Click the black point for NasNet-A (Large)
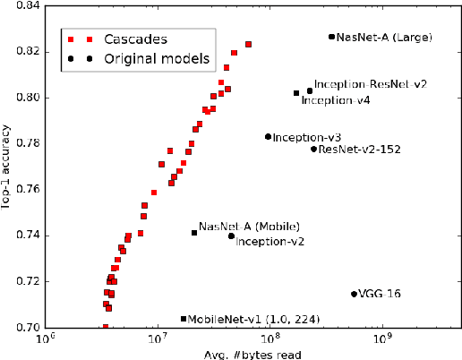click(331, 37)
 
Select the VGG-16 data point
click(354, 294)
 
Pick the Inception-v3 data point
click(268, 137)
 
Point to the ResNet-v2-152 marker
click(313, 149)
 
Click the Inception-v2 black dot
click(231, 236)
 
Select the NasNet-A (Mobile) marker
click(194, 233)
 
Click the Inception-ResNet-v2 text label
click(371, 84)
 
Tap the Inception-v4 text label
click(336, 100)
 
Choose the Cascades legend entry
click(136, 39)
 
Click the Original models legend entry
click(153, 59)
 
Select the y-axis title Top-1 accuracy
click(7, 167)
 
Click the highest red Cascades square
click(248, 44)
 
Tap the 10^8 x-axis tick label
click(269, 341)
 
